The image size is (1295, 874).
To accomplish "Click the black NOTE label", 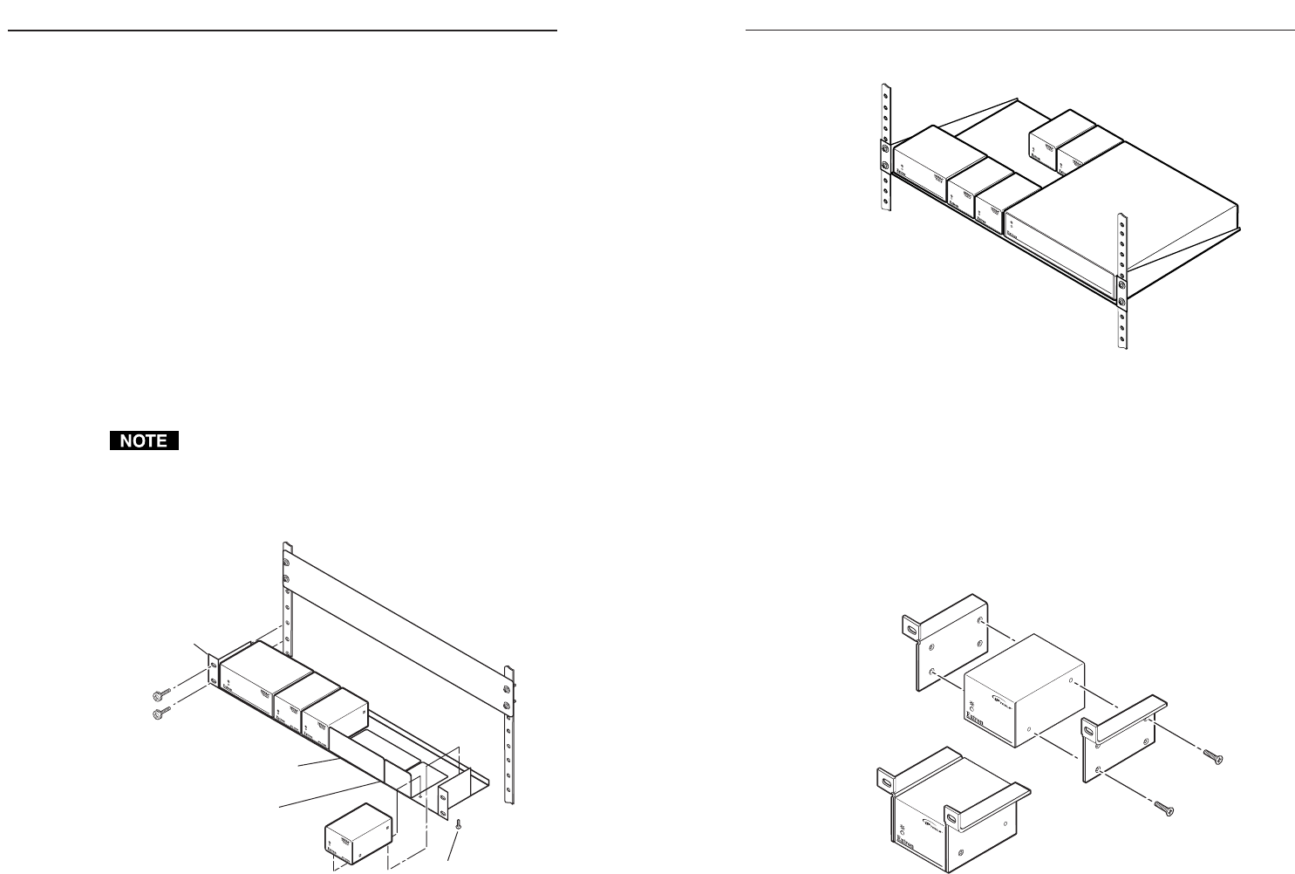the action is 144,441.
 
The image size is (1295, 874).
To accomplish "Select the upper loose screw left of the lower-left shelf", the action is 160,694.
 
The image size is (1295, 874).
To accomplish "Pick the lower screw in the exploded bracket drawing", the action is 1162,808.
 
